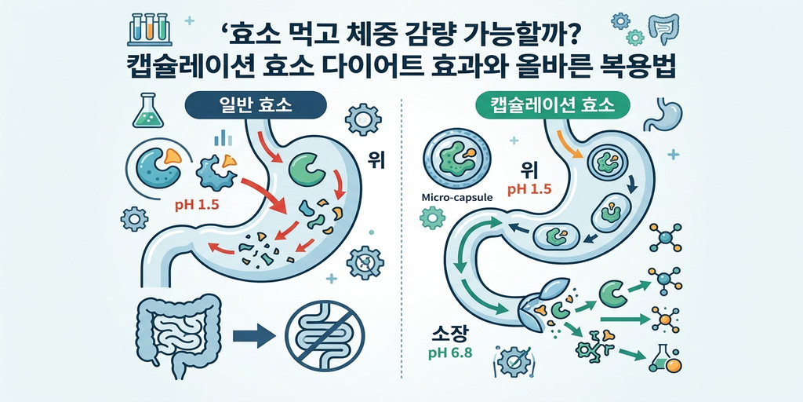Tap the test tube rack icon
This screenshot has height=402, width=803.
(x=151, y=27)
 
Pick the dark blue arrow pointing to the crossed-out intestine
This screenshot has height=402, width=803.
(x=255, y=337)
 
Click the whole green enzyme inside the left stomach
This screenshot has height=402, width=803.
(x=307, y=170)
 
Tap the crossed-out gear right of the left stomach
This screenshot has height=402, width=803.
(x=365, y=262)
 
